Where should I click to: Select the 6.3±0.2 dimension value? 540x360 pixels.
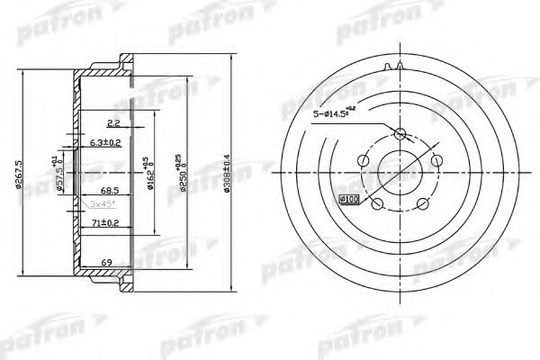pyautogui.click(x=107, y=142)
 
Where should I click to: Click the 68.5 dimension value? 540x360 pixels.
pyautogui.click(x=110, y=192)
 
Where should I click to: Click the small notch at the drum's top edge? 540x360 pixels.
pyautogui.click(x=392, y=67)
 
